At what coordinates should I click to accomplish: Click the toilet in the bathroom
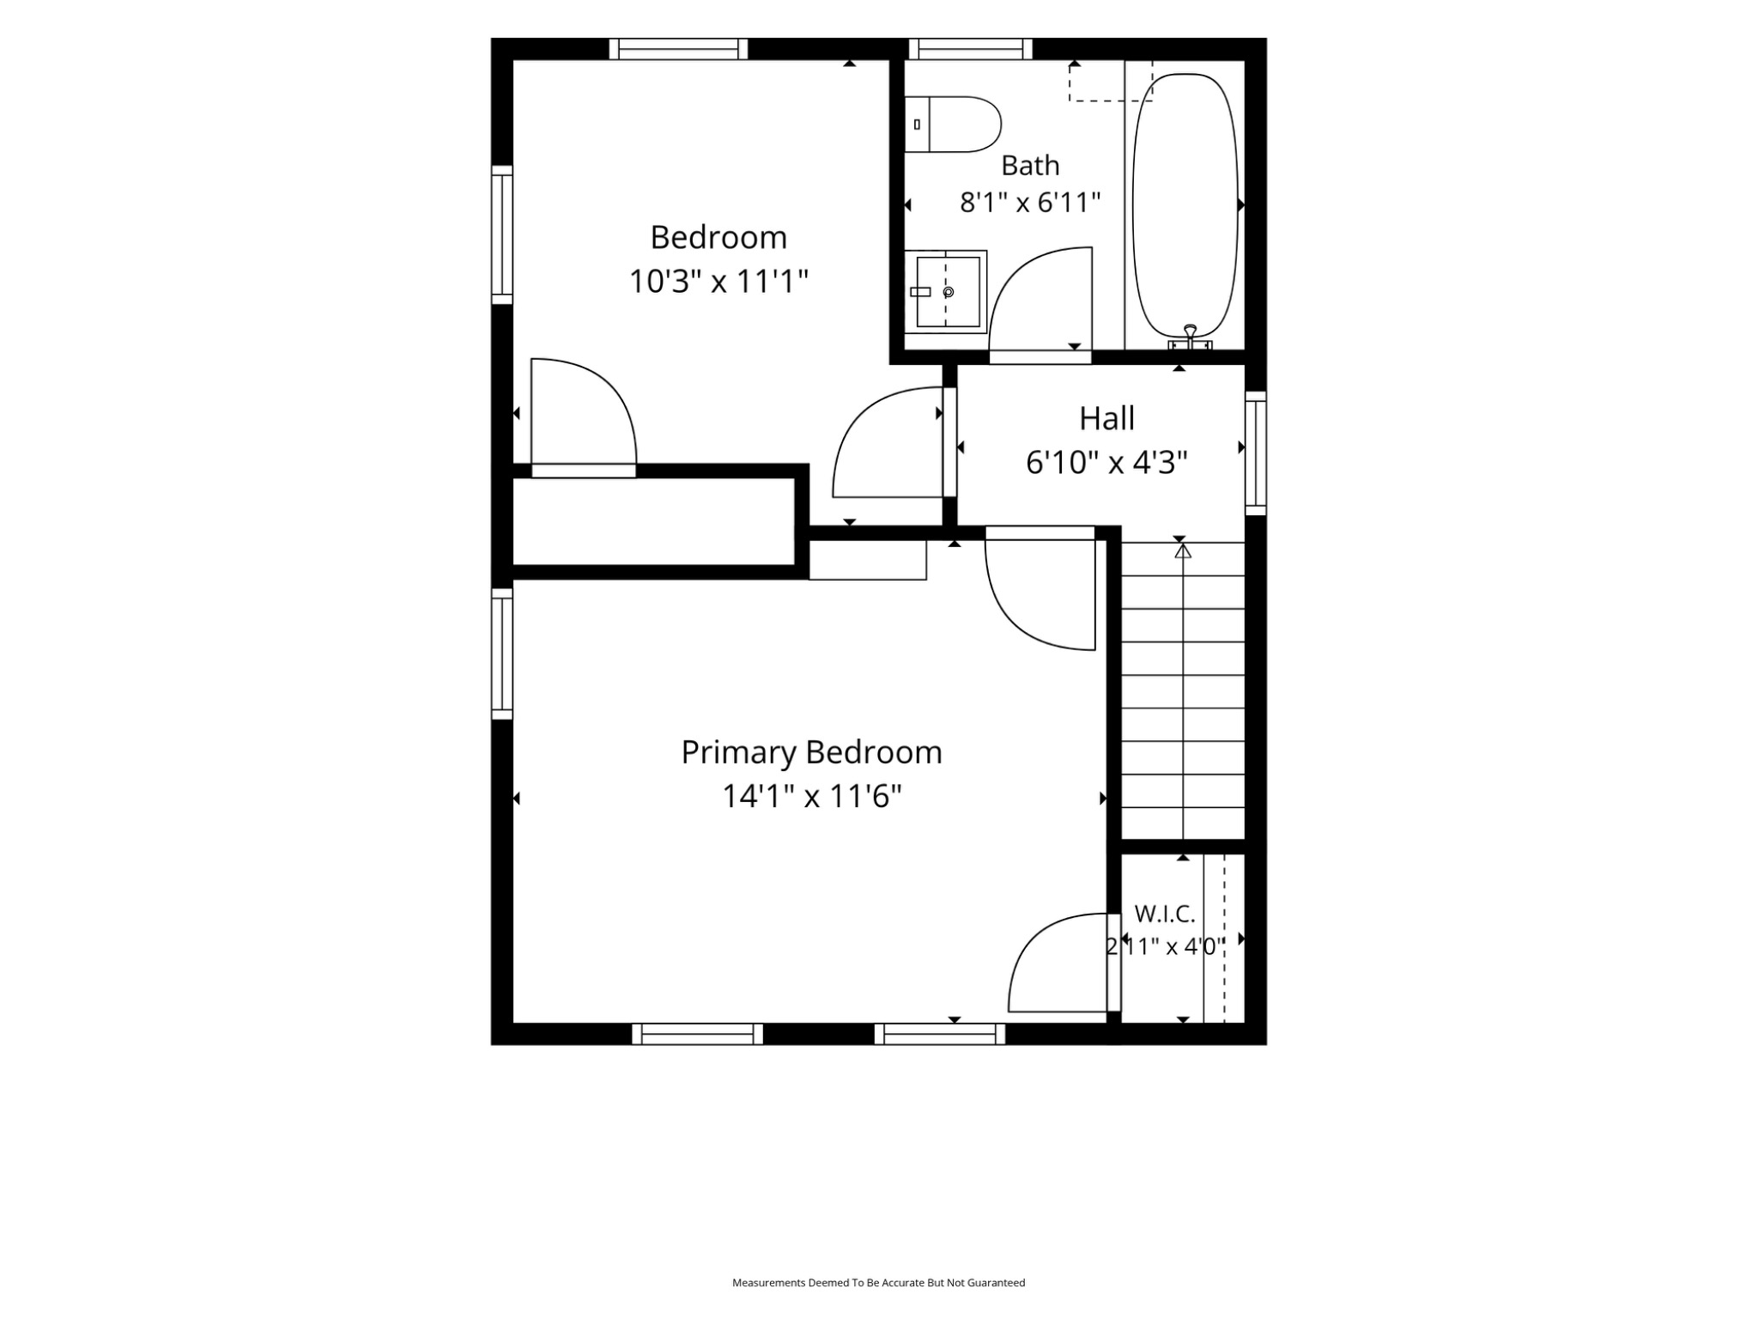tap(953, 125)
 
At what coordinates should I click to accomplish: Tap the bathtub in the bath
tap(1185, 206)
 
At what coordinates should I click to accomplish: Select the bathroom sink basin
tap(946, 292)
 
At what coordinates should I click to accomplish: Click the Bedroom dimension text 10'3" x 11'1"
tap(718, 281)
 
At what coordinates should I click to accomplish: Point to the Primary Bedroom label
tap(811, 752)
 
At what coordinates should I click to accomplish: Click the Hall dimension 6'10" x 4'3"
tap(1106, 463)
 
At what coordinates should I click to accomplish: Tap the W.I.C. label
tap(1165, 914)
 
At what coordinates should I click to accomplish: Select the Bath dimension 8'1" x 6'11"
tap(1030, 203)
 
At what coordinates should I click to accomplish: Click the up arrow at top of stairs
tap(1183, 550)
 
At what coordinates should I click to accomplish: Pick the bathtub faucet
tap(1190, 337)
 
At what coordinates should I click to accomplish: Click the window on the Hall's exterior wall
tap(1256, 453)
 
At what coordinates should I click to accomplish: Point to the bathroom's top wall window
tap(971, 49)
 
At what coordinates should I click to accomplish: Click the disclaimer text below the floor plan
tap(878, 1283)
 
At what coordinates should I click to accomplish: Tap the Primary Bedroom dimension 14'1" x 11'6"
tap(811, 796)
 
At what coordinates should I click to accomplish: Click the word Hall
tap(1106, 418)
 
